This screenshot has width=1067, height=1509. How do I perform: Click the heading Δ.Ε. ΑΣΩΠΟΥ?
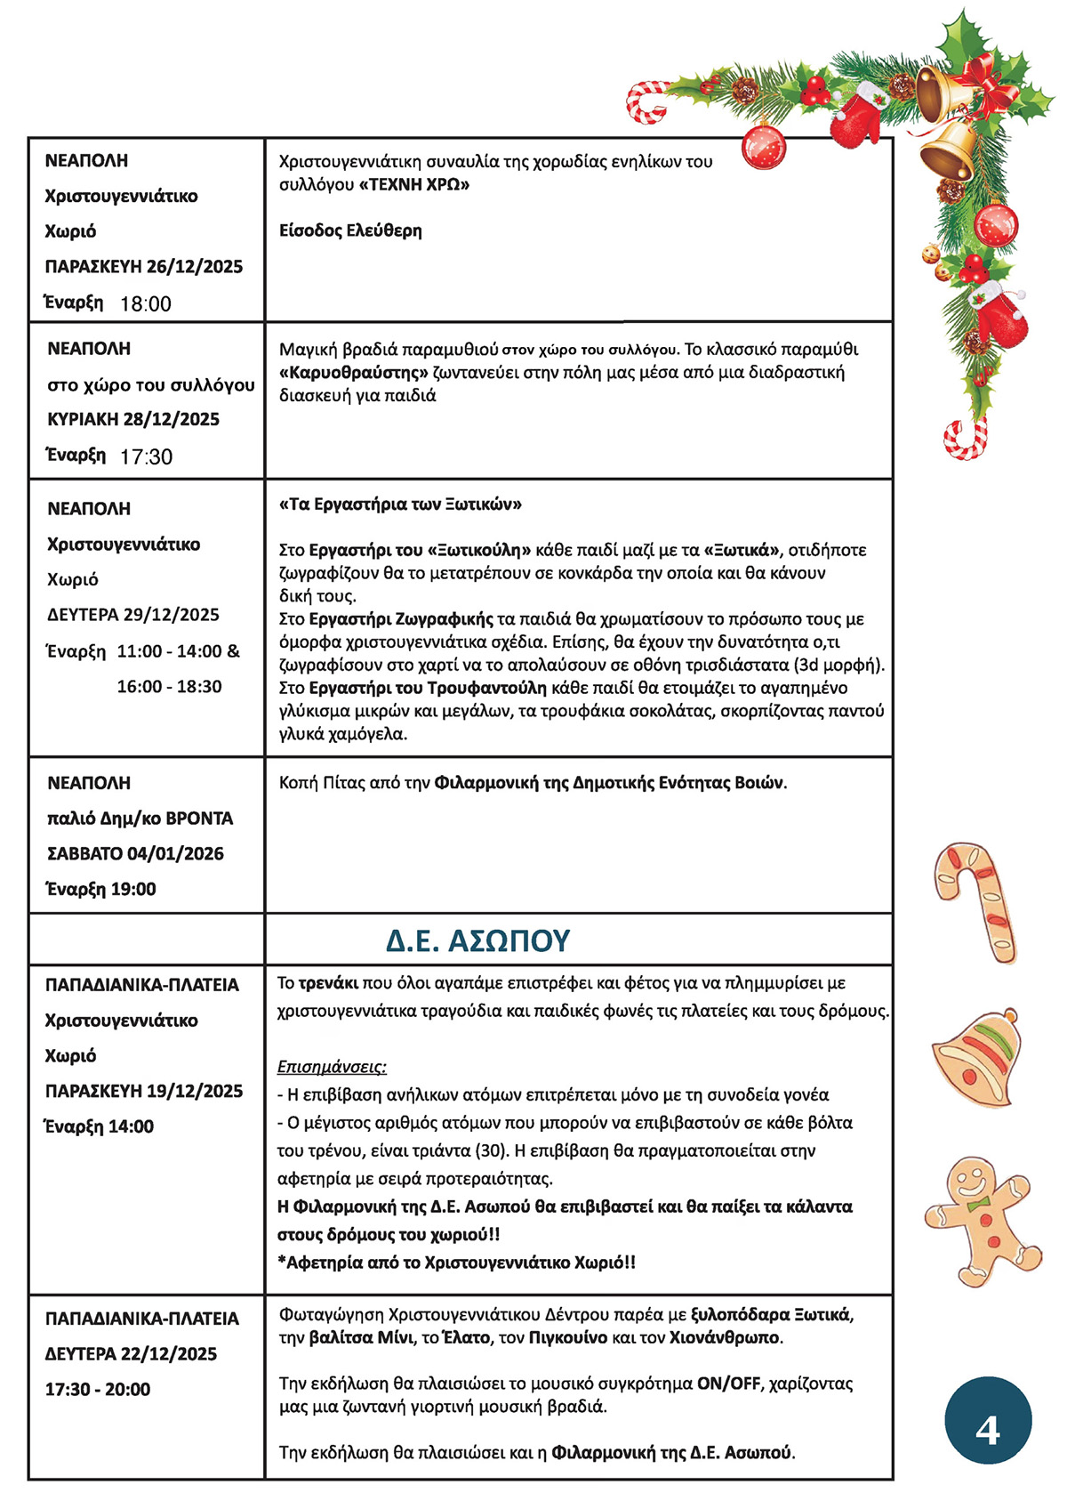pyautogui.click(x=477, y=940)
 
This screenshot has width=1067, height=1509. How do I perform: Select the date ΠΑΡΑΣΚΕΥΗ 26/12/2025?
pyautogui.click(x=144, y=266)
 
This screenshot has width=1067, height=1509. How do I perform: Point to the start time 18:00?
pyautogui.click(x=146, y=303)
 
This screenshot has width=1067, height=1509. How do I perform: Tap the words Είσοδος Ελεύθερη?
pyautogui.click(x=350, y=230)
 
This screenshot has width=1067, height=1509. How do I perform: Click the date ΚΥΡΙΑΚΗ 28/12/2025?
pyautogui.click(x=133, y=419)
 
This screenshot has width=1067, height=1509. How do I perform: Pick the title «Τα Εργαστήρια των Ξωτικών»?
pyautogui.click(x=400, y=504)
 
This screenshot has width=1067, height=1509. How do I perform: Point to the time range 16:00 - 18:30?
pyautogui.click(x=170, y=686)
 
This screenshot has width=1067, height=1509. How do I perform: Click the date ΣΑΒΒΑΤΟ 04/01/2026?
pyautogui.click(x=135, y=853)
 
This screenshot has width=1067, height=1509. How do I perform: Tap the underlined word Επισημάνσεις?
pyautogui.click(x=332, y=1066)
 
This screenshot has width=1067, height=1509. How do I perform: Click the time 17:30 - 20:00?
pyautogui.click(x=98, y=1389)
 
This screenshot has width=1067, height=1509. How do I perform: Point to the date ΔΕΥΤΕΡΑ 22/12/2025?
pyautogui.click(x=131, y=1353)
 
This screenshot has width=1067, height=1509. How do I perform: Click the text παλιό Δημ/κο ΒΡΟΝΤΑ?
pyautogui.click(x=140, y=818)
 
